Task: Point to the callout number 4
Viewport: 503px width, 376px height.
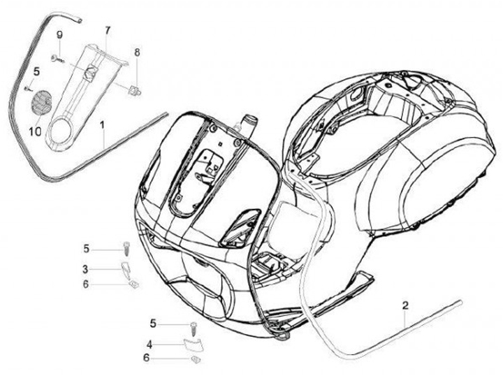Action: [149, 344]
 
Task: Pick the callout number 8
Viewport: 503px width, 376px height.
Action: [137, 52]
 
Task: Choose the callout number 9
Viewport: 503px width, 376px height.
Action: [59, 35]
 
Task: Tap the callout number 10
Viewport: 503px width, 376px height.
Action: [36, 131]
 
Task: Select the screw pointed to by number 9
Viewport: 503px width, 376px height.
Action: [57, 58]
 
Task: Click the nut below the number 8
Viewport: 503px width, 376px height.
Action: [135, 89]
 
